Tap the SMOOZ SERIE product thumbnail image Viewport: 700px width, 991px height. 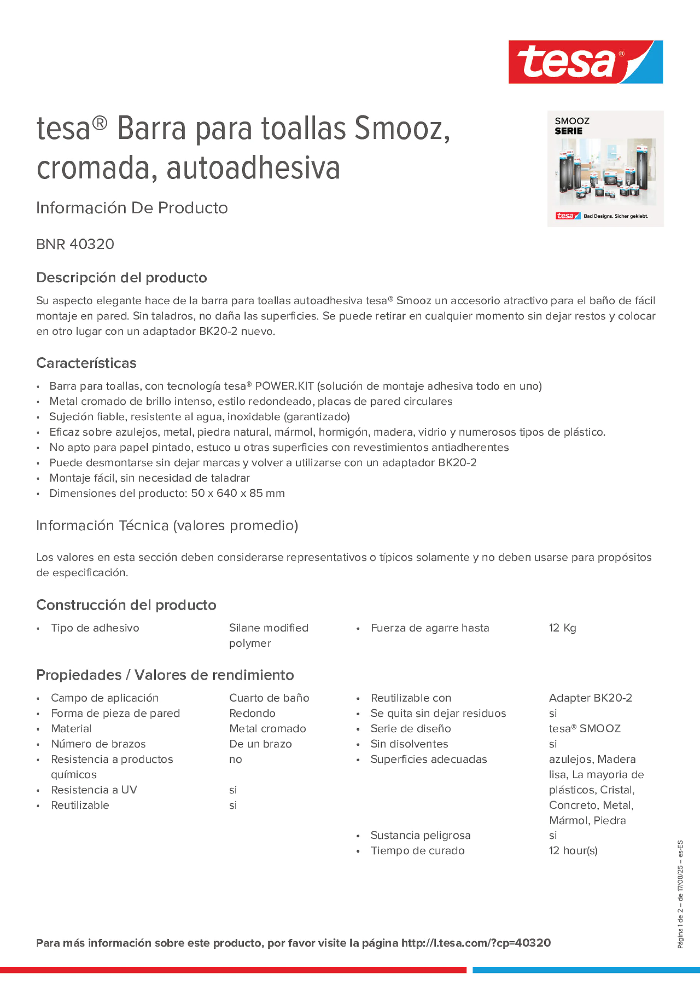click(x=605, y=169)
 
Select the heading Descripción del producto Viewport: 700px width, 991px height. click(x=121, y=278)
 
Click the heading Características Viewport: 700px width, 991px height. click(x=86, y=363)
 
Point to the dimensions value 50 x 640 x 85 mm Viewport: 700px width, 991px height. click(x=238, y=493)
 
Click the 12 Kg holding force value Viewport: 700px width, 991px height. click(x=562, y=628)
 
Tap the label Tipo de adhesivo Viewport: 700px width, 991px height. click(x=95, y=628)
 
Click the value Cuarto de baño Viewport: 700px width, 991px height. click(x=269, y=698)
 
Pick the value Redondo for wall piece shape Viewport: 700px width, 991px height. click(x=252, y=713)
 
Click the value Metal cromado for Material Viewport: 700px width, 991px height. click(x=267, y=729)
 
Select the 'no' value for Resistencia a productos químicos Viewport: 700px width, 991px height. click(x=235, y=759)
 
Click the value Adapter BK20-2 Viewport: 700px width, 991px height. click(x=590, y=698)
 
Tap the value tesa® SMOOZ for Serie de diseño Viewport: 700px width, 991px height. click(x=584, y=729)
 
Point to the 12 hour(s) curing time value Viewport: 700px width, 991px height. click(x=573, y=851)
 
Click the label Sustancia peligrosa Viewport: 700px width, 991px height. click(x=420, y=835)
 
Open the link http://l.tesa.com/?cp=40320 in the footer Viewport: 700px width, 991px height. click(x=476, y=943)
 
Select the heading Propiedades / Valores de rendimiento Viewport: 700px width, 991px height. click(x=165, y=675)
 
